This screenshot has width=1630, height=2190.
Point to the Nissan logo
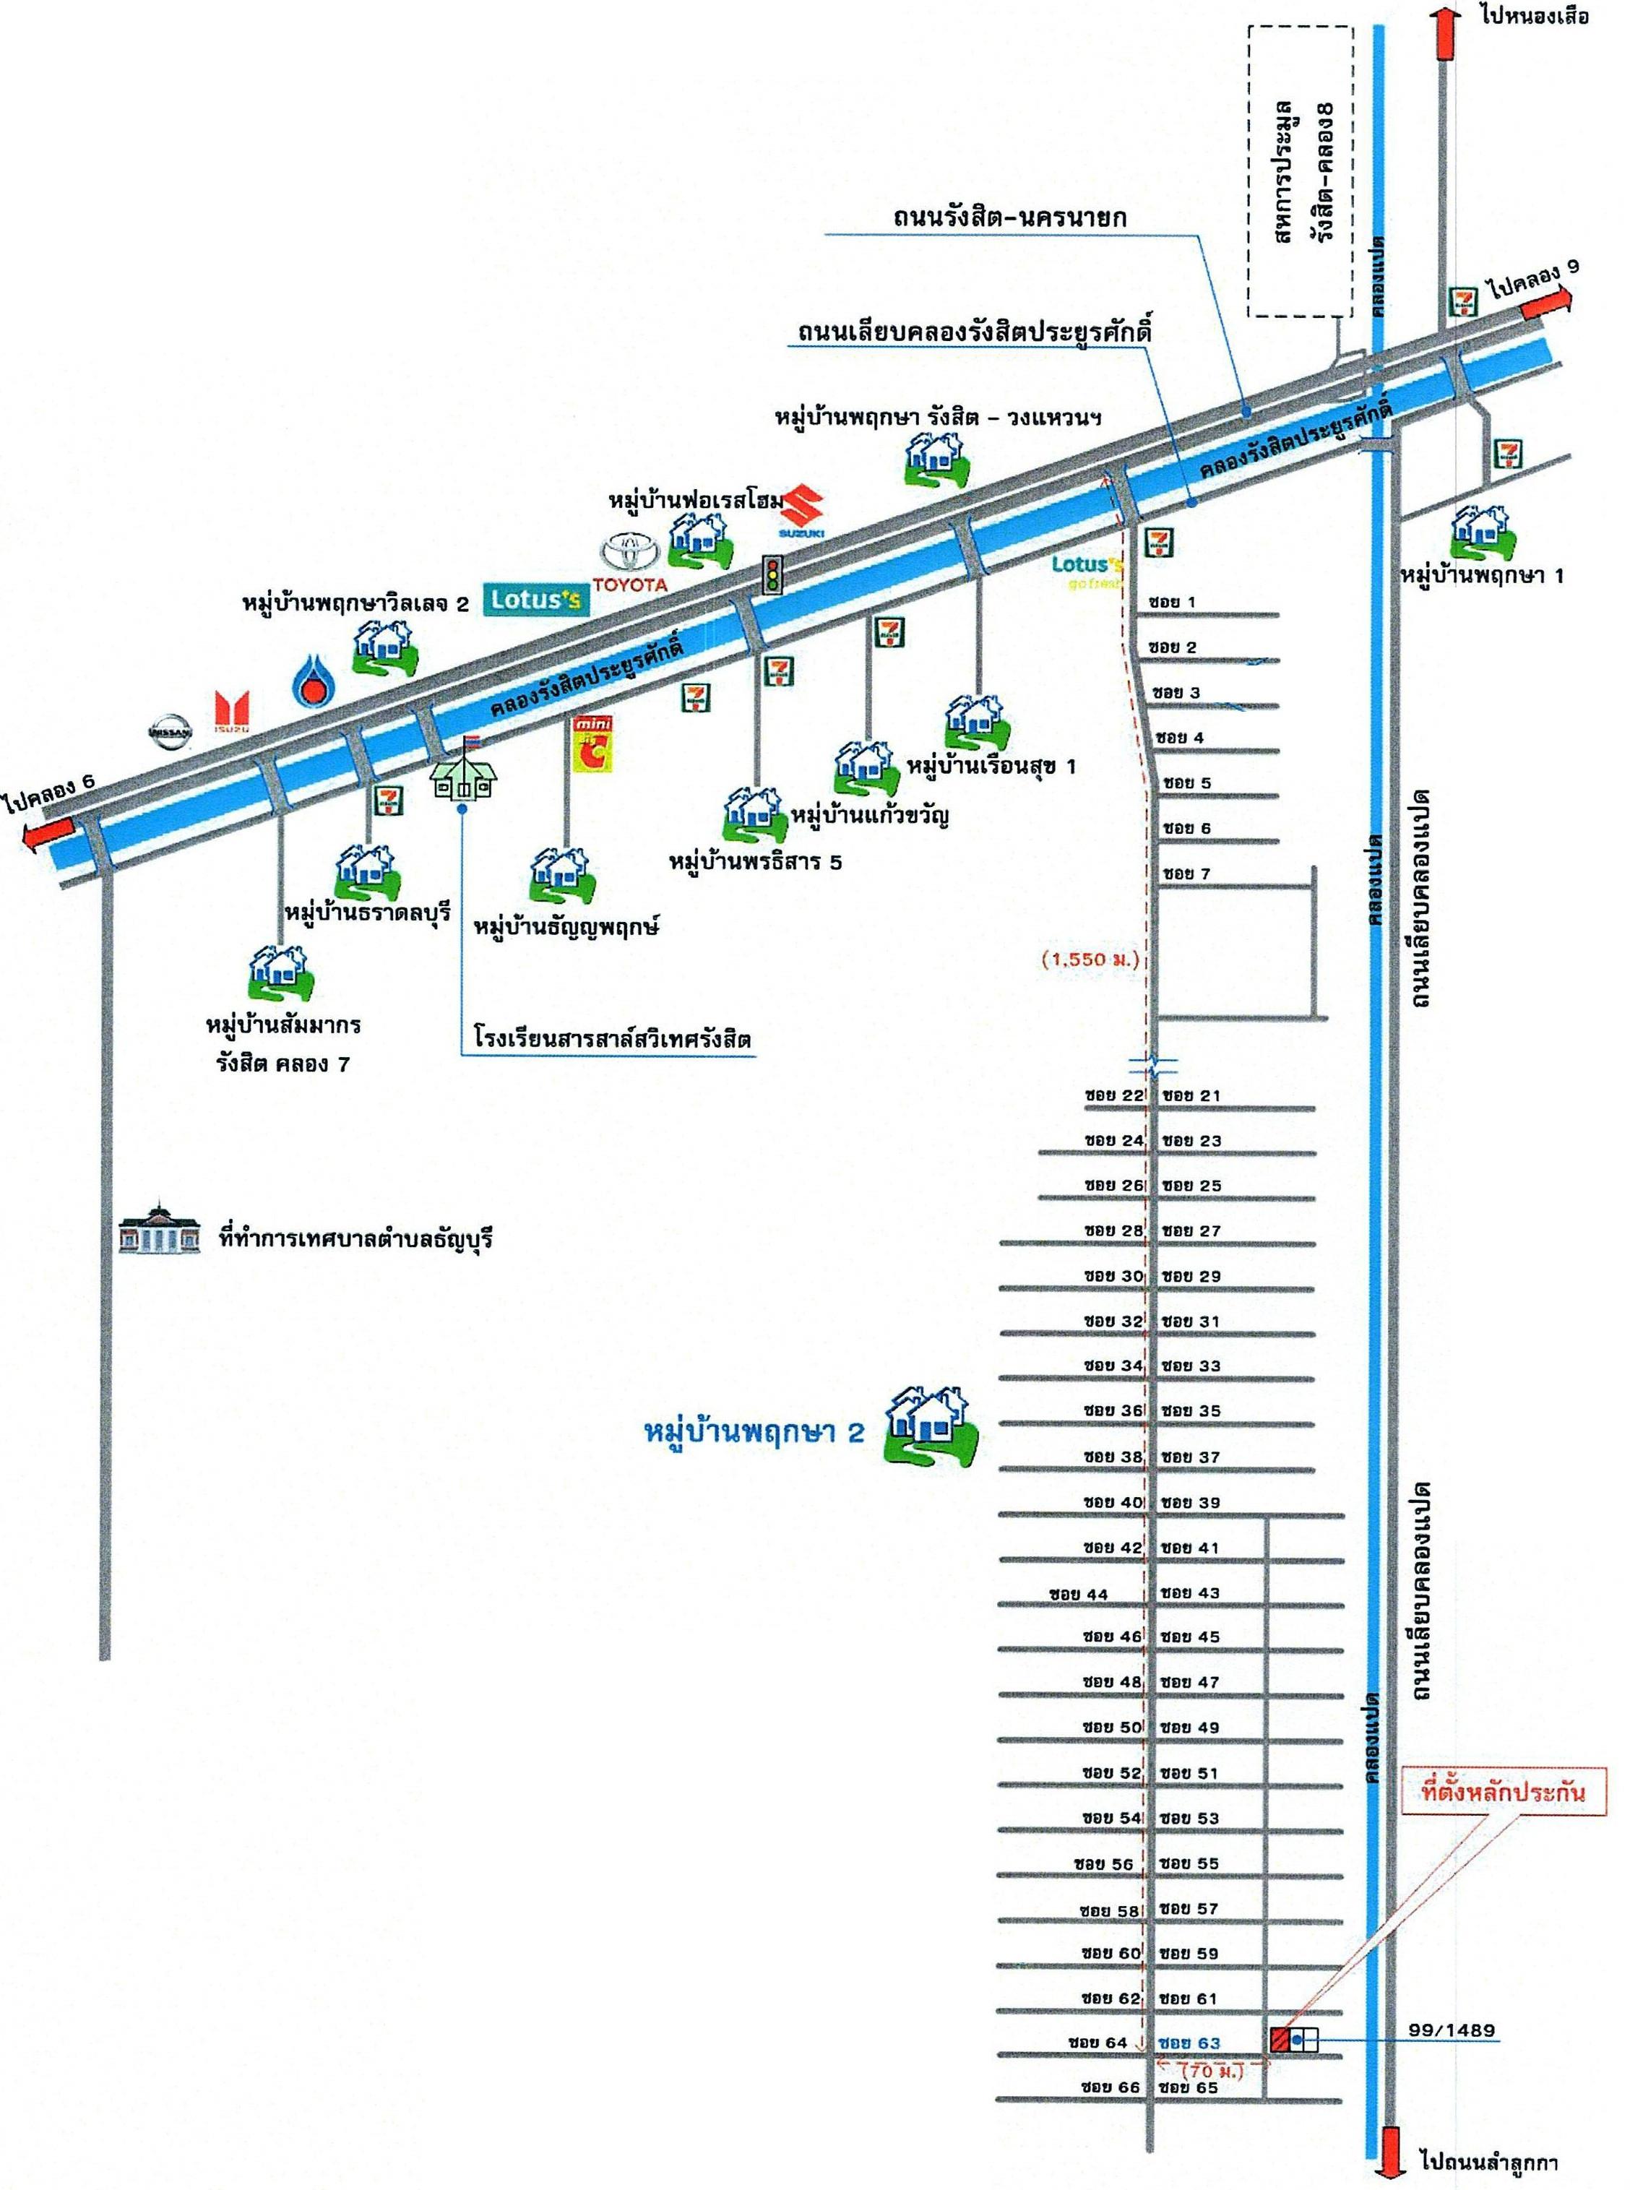[169, 733]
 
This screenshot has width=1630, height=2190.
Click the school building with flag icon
[462, 767]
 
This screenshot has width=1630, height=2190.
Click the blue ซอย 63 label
[1190, 2042]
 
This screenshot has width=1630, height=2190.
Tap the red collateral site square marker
[1279, 2039]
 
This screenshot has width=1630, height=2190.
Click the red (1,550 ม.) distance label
[1090, 958]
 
